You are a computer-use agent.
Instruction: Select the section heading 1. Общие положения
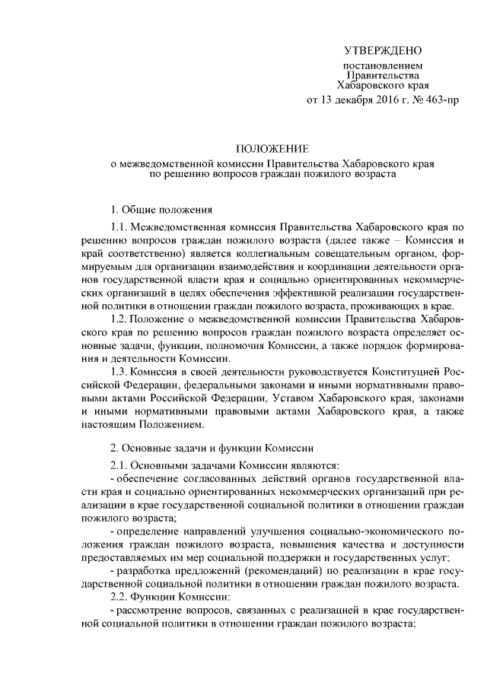click(157, 208)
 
